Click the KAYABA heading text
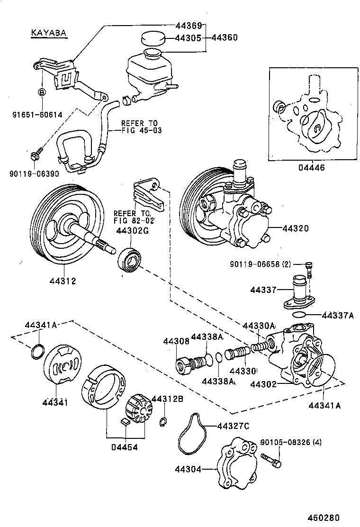48,33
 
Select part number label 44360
225,37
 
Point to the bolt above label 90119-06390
36,153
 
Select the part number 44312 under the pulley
63,281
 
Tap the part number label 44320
296,228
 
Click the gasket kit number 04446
312,167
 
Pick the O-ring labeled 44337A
299,315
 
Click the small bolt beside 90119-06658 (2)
309,270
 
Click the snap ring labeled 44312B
163,422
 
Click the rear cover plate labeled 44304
236,463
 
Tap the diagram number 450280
324,518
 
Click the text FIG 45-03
141,130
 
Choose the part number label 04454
124,448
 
